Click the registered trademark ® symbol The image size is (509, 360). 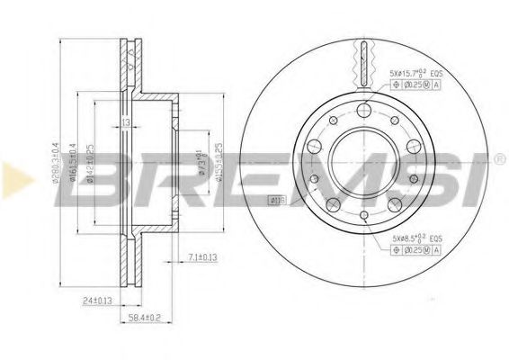click(499, 160)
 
